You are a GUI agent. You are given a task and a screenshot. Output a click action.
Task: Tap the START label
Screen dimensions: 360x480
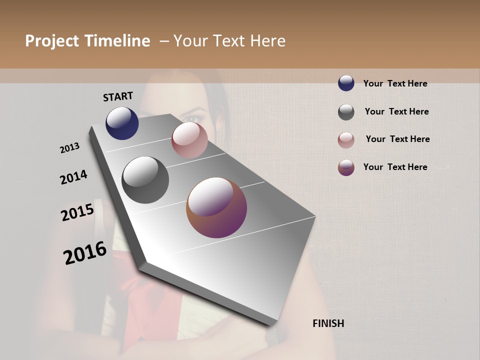click(118, 96)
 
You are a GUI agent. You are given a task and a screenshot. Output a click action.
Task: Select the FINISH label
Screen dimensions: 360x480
click(328, 323)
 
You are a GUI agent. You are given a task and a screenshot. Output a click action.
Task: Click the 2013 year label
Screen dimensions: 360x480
click(69, 147)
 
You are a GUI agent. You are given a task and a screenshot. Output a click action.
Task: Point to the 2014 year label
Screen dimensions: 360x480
click(73, 177)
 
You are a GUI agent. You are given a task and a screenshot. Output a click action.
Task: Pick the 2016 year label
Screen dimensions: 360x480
click(85, 252)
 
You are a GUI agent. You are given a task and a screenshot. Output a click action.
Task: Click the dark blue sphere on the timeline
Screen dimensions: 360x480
click(122, 123)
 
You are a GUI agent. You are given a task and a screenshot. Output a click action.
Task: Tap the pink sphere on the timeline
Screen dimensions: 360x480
click(189, 140)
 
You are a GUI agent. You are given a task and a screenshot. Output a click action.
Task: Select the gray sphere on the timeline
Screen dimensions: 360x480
click(145, 180)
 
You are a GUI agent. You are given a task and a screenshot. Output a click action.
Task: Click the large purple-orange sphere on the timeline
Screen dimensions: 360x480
click(216, 207)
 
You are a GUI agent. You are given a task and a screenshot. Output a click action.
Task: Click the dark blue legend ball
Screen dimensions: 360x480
click(346, 83)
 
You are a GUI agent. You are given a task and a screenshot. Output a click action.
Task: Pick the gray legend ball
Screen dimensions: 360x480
click(346, 112)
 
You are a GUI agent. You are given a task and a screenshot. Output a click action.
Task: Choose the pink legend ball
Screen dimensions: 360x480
click(346, 140)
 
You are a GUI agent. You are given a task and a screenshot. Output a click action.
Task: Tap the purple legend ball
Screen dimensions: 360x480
click(346, 167)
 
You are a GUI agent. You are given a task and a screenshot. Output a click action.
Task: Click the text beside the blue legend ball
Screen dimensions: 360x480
click(395, 83)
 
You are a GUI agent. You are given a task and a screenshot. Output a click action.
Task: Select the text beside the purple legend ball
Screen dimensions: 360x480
click(395, 167)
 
